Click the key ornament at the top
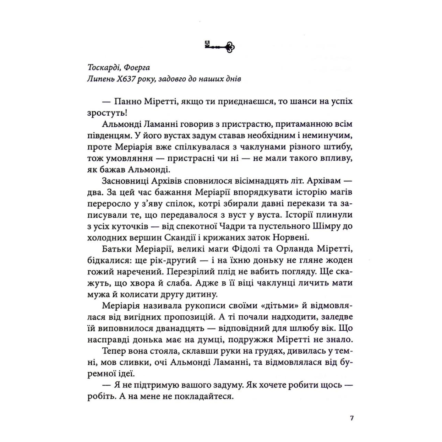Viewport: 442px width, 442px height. [219, 47]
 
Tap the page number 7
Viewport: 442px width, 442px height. [352, 418]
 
